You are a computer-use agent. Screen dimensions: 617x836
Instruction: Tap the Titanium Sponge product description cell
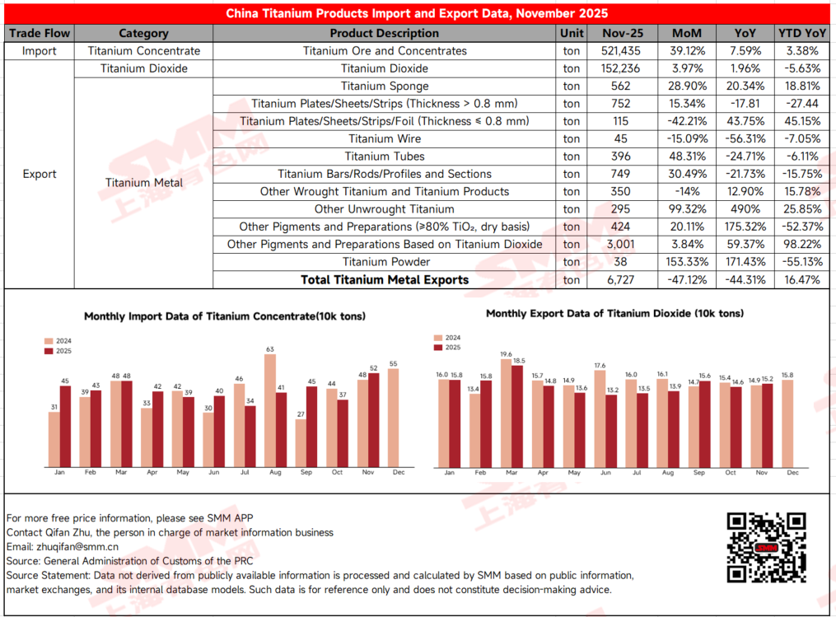(x=385, y=86)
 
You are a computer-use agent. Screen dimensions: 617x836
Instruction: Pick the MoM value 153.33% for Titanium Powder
(x=687, y=262)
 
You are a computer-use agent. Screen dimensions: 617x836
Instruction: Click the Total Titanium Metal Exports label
(x=385, y=280)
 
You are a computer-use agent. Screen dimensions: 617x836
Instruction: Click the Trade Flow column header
(x=40, y=34)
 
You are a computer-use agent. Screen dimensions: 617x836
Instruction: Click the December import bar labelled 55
(x=392, y=418)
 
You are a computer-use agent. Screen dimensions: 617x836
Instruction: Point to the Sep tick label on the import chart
(x=306, y=473)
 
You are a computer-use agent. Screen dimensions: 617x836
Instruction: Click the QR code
(x=766, y=545)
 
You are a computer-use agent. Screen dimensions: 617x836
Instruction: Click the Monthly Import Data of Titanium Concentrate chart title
(x=225, y=316)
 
